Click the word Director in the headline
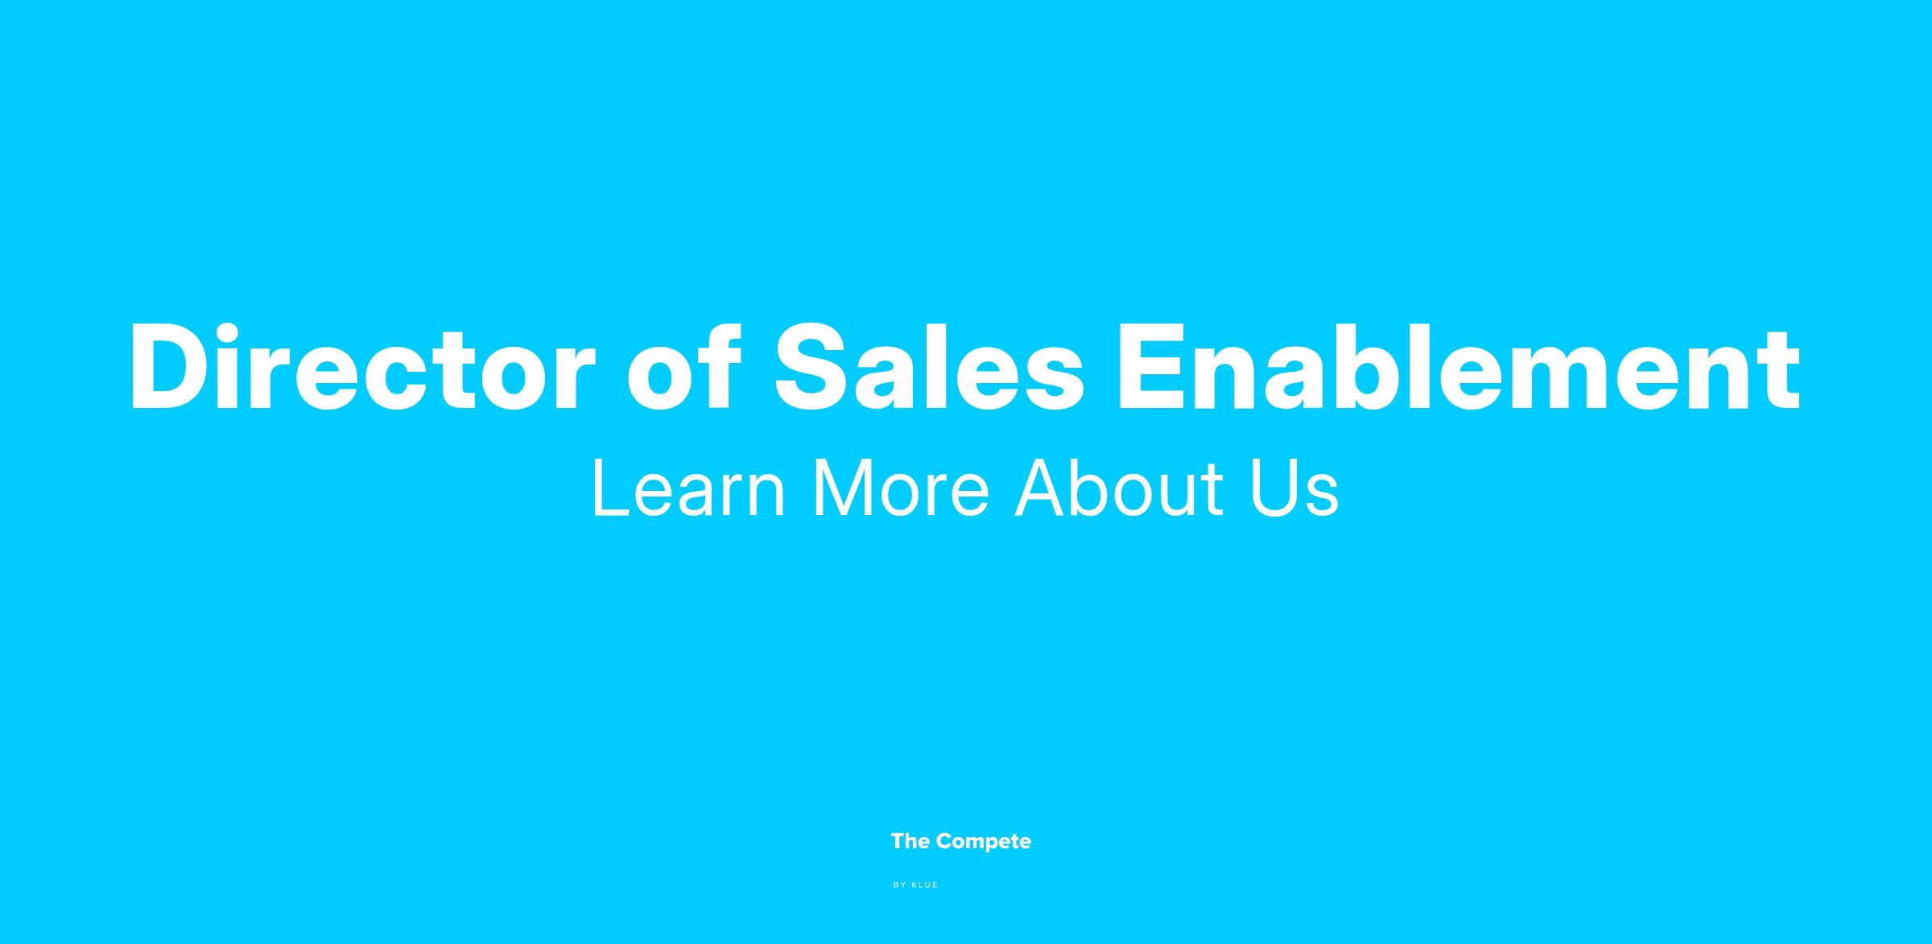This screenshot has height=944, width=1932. [362, 367]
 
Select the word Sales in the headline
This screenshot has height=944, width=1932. [929, 367]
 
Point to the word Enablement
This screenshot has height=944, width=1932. [1459, 367]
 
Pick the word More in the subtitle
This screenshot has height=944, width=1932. [901, 488]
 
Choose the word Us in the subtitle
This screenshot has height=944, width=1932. [1295, 488]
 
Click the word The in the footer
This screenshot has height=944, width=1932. [910, 841]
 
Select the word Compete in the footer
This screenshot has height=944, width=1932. [984, 843]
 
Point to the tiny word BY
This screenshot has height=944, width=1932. [900, 885]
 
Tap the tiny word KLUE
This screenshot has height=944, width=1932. [925, 885]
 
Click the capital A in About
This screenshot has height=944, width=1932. [1042, 488]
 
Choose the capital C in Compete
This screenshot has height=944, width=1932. [945, 842]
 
